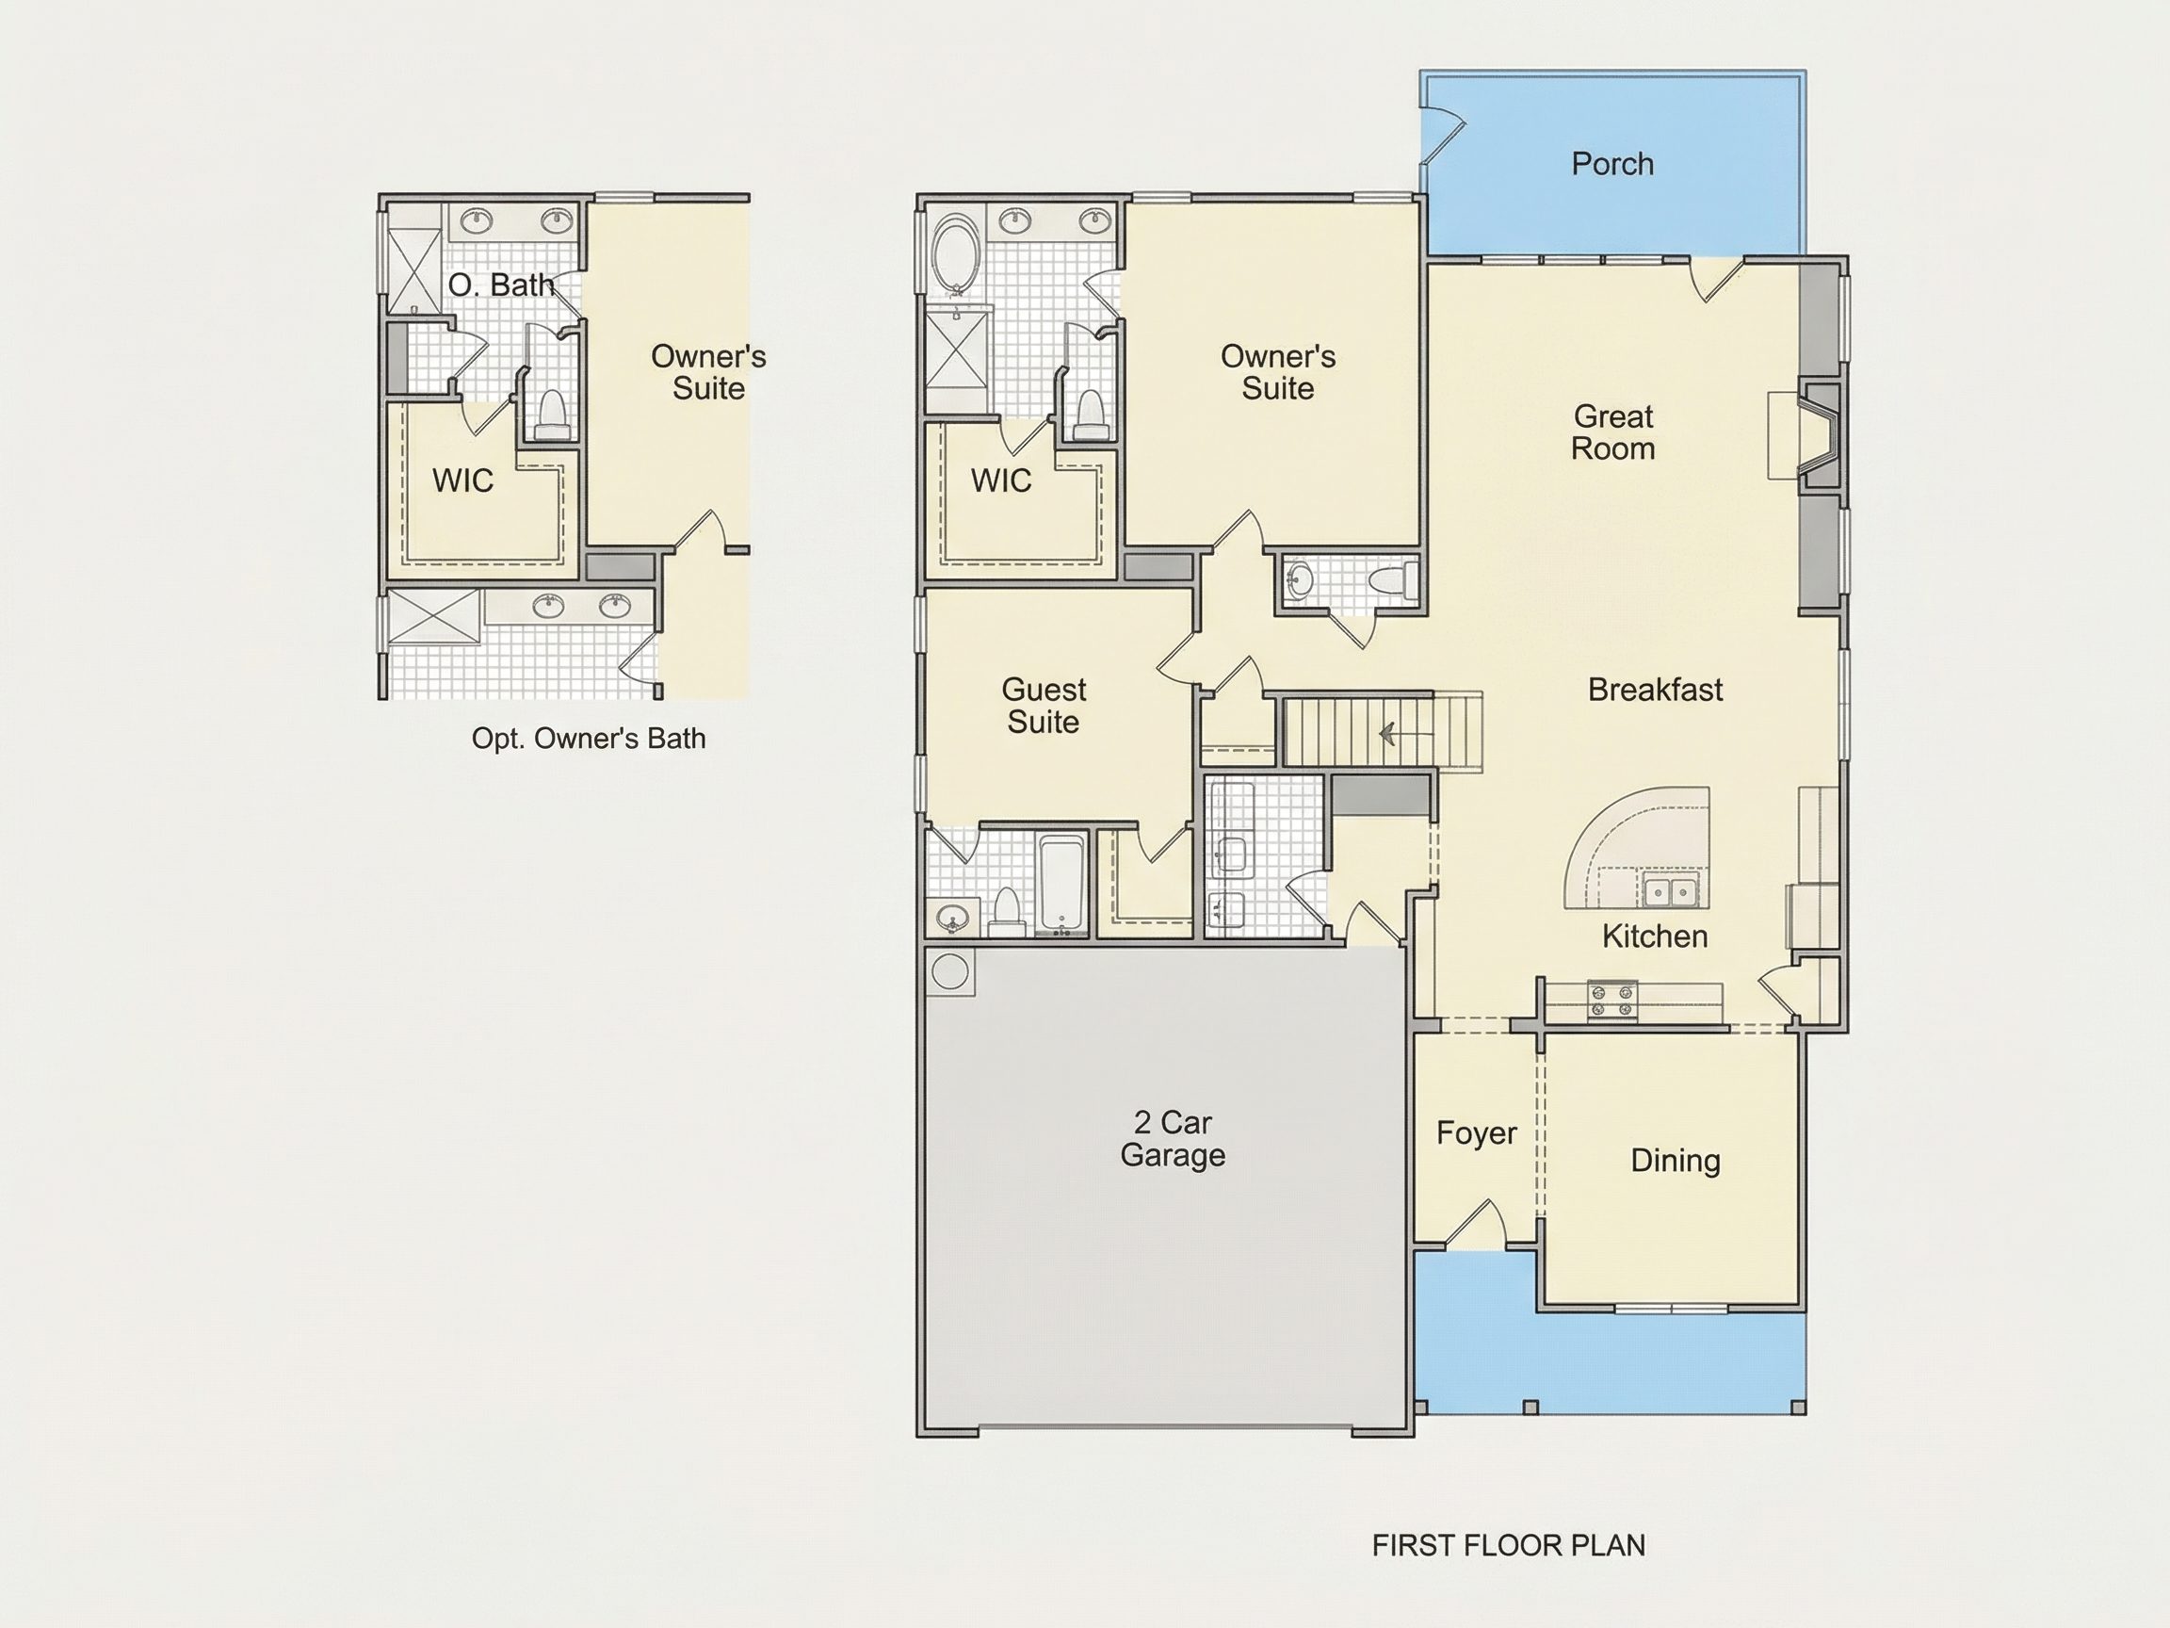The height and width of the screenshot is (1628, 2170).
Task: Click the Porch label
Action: tap(1611, 164)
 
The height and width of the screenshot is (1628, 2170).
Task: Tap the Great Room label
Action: tap(1612, 432)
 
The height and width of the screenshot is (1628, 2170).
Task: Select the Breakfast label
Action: tap(1655, 690)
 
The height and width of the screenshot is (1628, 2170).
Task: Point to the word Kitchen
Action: tap(1655, 936)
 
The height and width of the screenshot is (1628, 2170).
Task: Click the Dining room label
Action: tap(1676, 1161)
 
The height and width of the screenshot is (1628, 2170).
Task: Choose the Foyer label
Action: tap(1477, 1133)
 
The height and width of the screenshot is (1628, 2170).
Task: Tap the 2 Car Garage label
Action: tap(1173, 1138)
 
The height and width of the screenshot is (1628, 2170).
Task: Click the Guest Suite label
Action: tap(1044, 706)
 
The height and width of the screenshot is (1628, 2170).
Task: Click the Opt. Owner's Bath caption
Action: tap(589, 738)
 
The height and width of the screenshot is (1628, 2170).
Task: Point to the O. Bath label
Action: tap(501, 285)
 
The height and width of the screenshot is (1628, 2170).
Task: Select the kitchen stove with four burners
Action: tap(1612, 1000)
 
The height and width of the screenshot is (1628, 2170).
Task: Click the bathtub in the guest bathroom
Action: tap(1062, 883)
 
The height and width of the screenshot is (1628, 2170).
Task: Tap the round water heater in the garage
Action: tap(949, 971)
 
